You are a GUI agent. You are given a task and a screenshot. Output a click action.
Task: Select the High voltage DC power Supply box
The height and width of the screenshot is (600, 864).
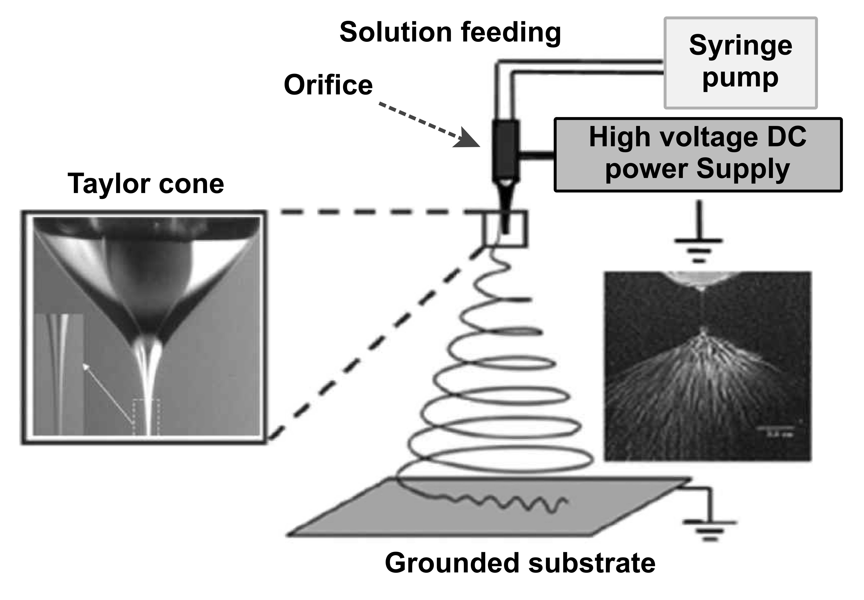698,155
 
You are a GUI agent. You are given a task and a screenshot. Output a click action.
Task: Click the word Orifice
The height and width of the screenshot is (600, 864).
328,85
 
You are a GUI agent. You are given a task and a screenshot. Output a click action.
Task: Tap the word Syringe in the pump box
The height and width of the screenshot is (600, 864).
740,46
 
